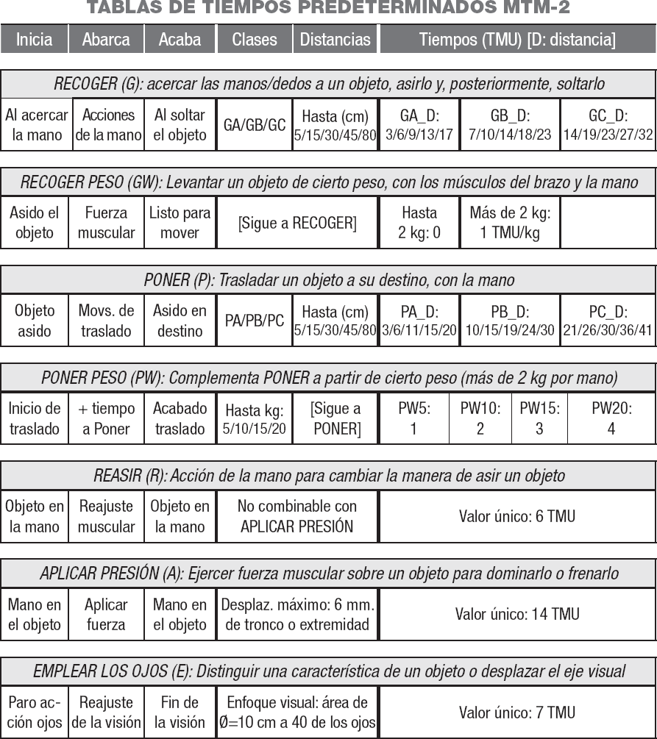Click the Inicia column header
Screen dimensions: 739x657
click(34, 40)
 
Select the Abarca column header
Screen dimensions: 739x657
click(106, 40)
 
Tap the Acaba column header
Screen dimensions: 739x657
click(180, 40)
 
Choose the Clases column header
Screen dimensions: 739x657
click(254, 40)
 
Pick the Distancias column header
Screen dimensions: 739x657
click(335, 40)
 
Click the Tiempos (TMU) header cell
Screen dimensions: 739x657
click(517, 40)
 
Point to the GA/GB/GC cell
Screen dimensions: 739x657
click(255, 125)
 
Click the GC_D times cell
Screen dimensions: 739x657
click(608, 125)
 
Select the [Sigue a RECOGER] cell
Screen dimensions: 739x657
click(297, 223)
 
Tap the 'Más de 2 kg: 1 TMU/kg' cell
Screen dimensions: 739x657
click(510, 223)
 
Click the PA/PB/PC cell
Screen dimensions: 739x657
click(255, 321)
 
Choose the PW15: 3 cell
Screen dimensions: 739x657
click(539, 418)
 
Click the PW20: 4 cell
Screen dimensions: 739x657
click(611, 418)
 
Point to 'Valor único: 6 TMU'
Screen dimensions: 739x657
click(517, 516)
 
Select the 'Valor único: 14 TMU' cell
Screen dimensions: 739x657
click(517, 614)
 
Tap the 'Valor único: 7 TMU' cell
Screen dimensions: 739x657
click(517, 712)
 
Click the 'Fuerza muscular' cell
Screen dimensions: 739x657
click(106, 223)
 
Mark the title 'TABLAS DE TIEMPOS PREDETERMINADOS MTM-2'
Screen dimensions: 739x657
click(328, 8)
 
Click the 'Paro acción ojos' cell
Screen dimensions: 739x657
click(34, 712)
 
